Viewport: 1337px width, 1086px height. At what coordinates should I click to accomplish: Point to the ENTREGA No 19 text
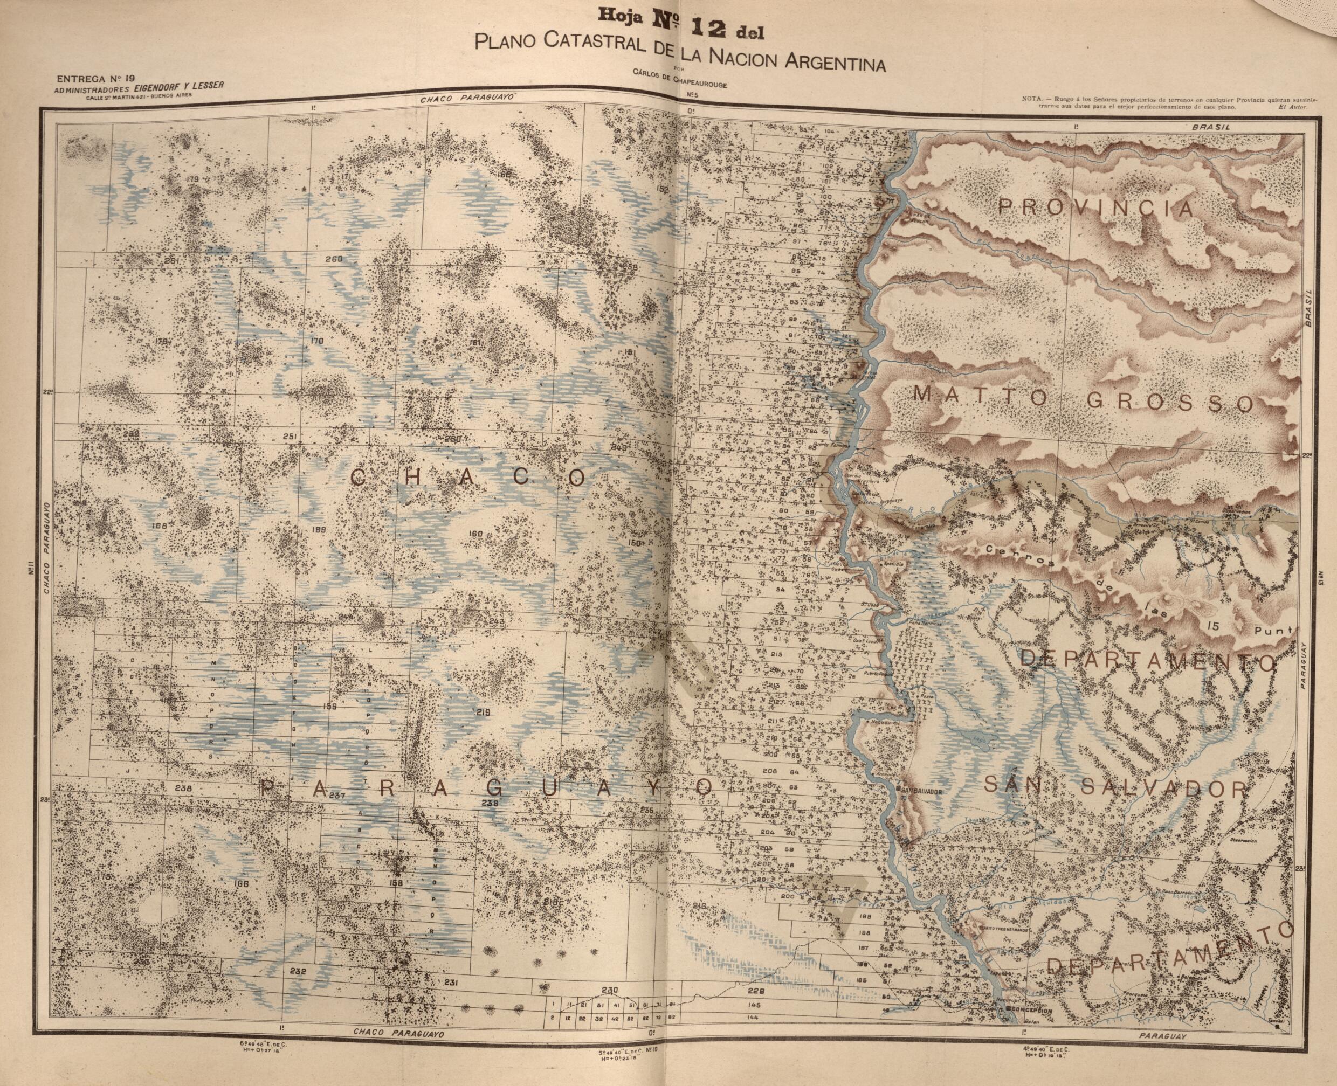click(95, 79)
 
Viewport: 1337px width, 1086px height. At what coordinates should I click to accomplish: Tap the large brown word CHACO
click(468, 479)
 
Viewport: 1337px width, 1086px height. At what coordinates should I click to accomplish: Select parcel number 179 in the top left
click(192, 179)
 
